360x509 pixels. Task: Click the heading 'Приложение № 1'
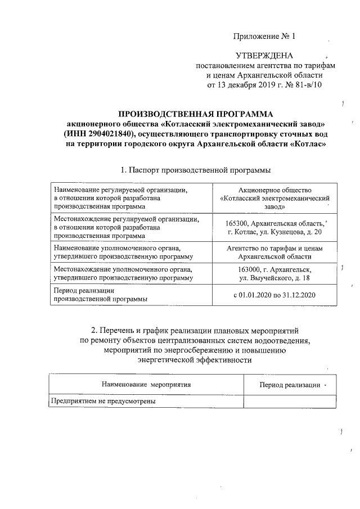tap(264, 37)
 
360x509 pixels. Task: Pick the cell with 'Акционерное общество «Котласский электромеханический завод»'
tap(275, 199)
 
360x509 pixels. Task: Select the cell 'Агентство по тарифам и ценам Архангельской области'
tap(275, 251)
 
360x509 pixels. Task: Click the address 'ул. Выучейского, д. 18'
tap(275, 278)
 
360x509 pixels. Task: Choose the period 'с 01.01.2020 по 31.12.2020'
tap(275, 295)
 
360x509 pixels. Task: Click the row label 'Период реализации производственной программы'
tap(100, 295)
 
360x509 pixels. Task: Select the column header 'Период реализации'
tap(289, 385)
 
